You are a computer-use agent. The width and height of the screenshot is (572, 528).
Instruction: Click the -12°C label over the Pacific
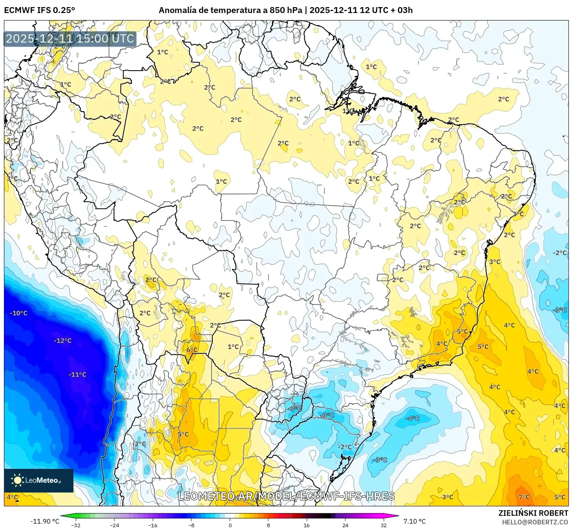click(x=63, y=341)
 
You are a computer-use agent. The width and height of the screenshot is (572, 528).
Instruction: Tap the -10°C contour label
click(x=19, y=313)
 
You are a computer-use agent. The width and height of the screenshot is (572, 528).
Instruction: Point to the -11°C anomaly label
click(x=77, y=375)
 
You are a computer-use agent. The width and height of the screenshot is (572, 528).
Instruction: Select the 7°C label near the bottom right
click(x=524, y=497)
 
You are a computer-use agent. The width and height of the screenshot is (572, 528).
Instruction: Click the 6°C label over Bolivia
click(x=192, y=350)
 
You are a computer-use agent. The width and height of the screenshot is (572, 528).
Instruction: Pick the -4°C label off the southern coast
click(x=413, y=418)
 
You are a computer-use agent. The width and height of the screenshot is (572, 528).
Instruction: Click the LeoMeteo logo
click(x=38, y=480)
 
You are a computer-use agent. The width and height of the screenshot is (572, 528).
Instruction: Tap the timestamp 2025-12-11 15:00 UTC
click(x=70, y=39)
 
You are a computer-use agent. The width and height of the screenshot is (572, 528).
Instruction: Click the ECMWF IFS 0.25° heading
click(x=39, y=10)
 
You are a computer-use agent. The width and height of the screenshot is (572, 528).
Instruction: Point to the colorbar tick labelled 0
click(x=230, y=525)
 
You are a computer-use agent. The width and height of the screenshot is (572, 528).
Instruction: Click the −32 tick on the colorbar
click(x=76, y=525)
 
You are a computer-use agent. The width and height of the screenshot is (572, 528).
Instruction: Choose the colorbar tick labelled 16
click(x=307, y=525)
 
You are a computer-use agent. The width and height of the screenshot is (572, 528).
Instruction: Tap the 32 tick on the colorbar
click(x=384, y=525)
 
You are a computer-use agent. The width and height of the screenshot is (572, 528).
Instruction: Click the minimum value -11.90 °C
click(x=45, y=521)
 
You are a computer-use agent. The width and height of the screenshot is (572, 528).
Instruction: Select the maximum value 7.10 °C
click(x=414, y=521)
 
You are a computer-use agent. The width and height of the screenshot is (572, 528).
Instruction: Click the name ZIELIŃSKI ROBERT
click(x=533, y=513)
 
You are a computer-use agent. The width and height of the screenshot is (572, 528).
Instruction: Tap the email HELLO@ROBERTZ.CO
click(x=535, y=522)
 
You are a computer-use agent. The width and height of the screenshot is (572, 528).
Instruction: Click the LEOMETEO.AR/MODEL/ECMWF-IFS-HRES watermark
click(x=286, y=496)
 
